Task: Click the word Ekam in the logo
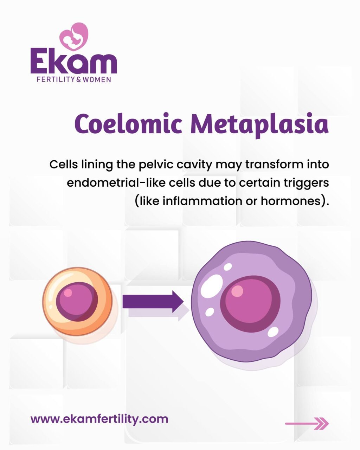point(74,61)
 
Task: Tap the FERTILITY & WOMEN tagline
point(74,80)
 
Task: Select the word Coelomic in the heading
point(128,124)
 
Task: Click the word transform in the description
point(274,165)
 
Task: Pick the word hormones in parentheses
point(291,201)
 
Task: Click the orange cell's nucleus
point(77,302)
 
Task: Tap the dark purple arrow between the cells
point(153,302)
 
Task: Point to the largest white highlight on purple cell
point(212,285)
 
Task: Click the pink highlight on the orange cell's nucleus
point(67,292)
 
